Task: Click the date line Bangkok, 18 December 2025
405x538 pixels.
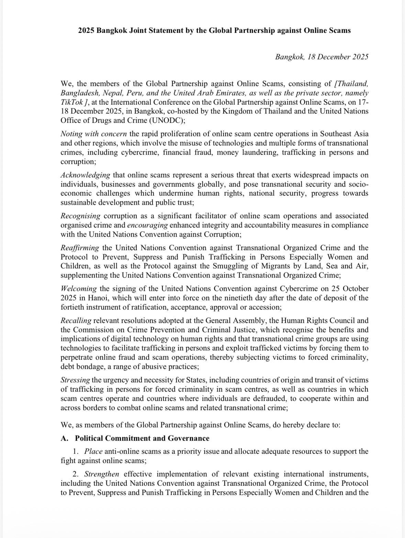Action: tap(322, 57)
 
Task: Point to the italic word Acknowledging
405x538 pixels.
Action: tap(85, 175)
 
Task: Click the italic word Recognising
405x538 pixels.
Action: tap(80, 216)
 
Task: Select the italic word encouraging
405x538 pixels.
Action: tap(147, 225)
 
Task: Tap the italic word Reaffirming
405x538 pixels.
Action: tap(80, 248)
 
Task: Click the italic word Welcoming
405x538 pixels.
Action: tap(78, 289)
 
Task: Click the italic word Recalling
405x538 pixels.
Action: tap(76, 321)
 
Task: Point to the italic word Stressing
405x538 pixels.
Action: tap(75, 380)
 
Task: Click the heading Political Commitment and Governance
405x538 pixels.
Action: tap(142, 438)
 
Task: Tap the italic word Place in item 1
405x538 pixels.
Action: tap(93, 451)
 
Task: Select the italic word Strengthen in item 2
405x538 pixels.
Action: tap(102, 474)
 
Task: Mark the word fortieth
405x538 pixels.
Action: tap(73, 307)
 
